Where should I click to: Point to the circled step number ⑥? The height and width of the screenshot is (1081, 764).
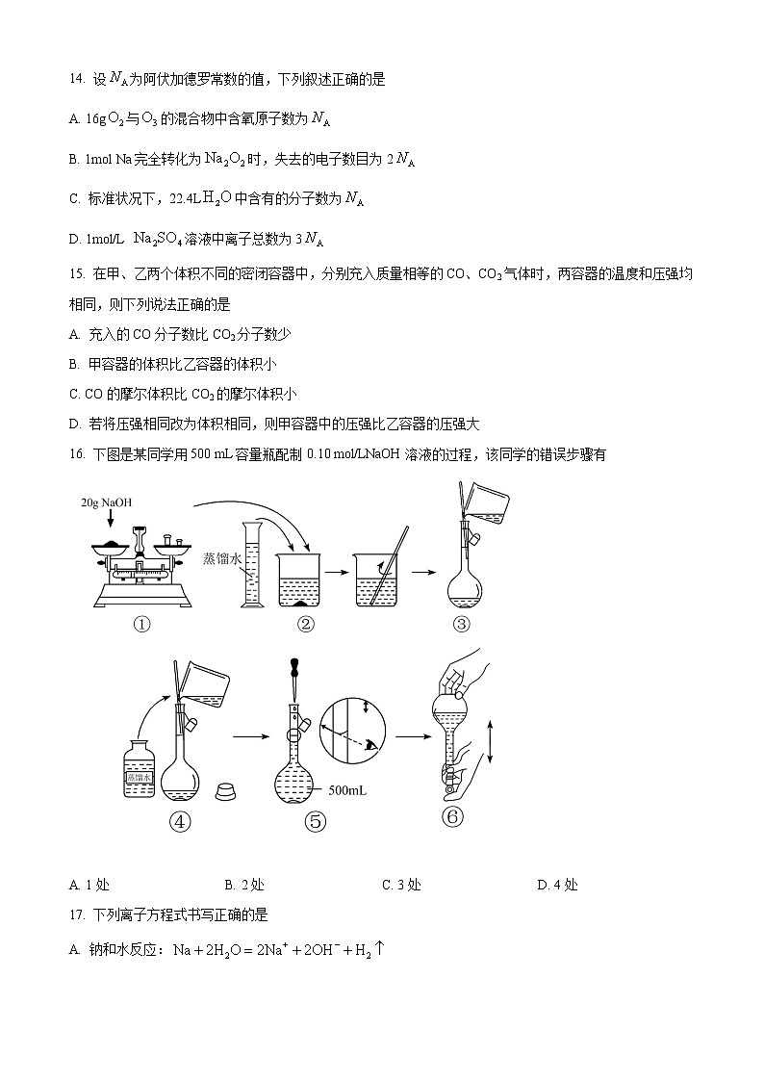(452, 816)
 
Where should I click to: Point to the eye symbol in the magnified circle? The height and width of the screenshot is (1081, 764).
(370, 744)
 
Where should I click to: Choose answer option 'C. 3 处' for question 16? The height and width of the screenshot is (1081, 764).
(401, 886)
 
